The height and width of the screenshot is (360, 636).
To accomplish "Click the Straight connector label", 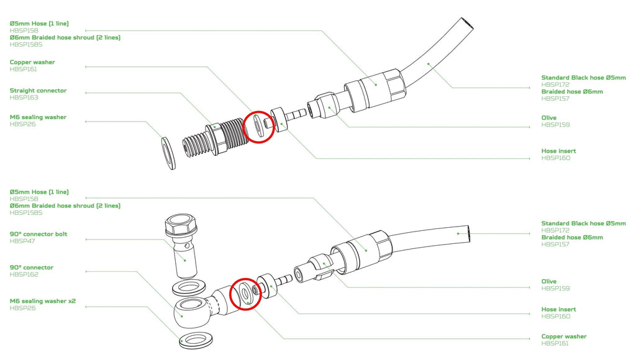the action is click(x=38, y=91).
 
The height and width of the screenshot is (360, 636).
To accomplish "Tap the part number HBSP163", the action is click(x=24, y=97).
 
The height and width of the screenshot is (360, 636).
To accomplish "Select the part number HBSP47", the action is click(x=22, y=241).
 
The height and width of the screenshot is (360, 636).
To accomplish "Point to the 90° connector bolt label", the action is click(x=39, y=234).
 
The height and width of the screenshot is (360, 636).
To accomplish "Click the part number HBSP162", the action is click(x=24, y=274).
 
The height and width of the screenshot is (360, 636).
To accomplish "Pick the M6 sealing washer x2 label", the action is click(x=43, y=301).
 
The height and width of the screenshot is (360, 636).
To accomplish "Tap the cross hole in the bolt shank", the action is click(x=187, y=246).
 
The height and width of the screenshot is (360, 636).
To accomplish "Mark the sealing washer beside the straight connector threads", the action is click(x=169, y=153).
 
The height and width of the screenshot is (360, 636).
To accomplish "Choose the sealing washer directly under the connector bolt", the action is click(x=189, y=287).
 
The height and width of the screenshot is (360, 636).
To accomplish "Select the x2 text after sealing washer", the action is click(x=72, y=301).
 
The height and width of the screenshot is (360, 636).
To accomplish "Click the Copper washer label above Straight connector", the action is click(x=32, y=62).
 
